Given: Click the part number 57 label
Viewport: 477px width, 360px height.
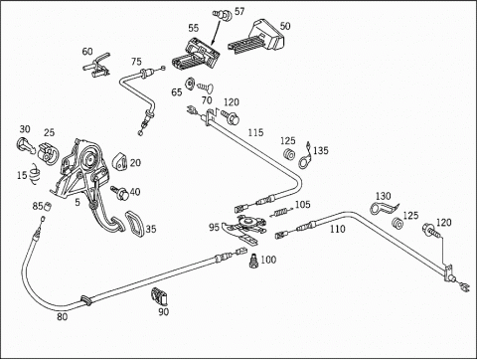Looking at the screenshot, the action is pos(239,11).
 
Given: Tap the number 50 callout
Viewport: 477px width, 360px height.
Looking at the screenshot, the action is pos(285,26).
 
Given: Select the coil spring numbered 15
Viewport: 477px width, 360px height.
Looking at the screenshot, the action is pos(34,173).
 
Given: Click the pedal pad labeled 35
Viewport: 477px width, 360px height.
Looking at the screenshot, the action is pos(135,224).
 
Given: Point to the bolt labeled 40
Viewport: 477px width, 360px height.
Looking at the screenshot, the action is pos(120,193).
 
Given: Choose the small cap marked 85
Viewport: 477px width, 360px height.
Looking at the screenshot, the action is pos(48,206).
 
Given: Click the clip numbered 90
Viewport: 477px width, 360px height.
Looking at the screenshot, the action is pos(159,296).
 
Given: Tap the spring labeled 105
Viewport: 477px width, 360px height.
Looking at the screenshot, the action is pos(280,212).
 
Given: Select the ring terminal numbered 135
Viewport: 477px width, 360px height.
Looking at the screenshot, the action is pos(305,156).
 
